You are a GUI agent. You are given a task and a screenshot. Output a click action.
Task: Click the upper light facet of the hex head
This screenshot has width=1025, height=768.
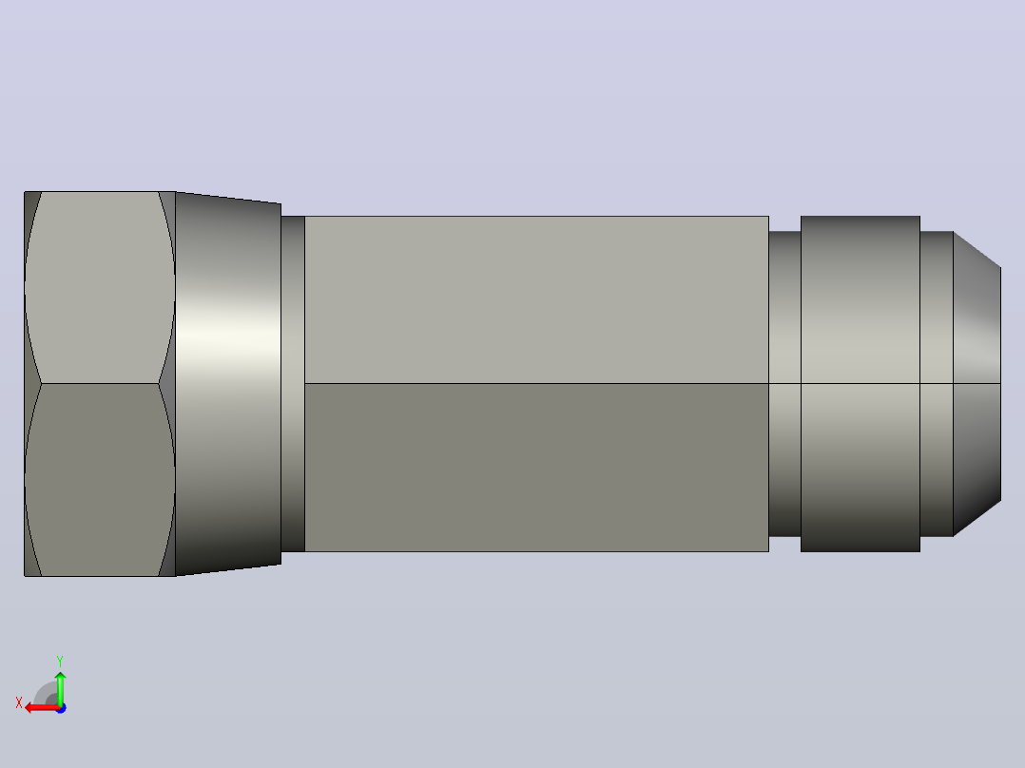(x=99, y=288)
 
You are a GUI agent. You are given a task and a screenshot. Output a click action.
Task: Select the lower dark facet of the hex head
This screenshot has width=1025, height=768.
(x=99, y=480)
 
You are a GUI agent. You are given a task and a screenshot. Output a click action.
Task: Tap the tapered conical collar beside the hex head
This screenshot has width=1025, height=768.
(x=228, y=384)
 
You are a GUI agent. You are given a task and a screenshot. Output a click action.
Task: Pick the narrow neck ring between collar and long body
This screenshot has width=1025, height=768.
(x=293, y=384)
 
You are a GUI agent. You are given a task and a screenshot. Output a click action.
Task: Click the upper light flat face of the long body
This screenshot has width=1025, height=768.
(x=536, y=299)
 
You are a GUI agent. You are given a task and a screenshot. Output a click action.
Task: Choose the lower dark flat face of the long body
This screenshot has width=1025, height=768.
(x=536, y=468)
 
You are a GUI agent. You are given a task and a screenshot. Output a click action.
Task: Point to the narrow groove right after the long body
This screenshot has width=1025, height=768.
(x=784, y=384)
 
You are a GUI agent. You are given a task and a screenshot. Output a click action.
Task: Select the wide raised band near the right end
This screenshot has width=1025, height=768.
(x=861, y=384)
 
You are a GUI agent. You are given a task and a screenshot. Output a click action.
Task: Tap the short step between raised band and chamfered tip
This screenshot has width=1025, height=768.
(x=937, y=384)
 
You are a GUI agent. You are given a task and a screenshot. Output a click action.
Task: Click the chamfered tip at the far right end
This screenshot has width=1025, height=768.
(x=977, y=384)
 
